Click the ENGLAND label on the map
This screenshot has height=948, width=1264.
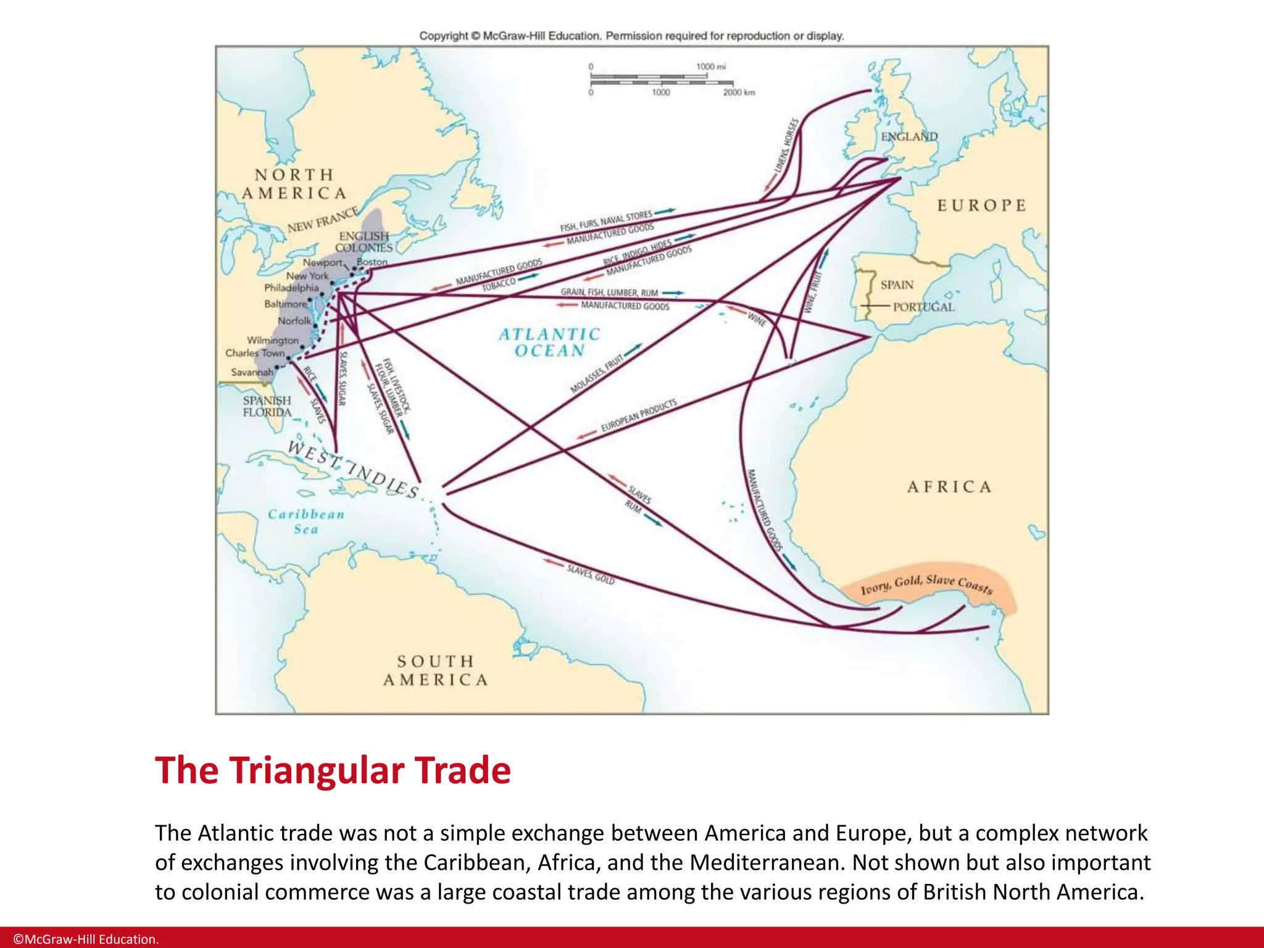tap(909, 136)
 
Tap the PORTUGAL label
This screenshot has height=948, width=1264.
tap(923, 307)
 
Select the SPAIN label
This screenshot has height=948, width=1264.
tap(897, 285)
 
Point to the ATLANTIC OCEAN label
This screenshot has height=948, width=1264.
tap(549, 343)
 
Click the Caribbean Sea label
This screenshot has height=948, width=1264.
tap(306, 522)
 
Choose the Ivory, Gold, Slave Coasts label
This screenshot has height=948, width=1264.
tap(927, 583)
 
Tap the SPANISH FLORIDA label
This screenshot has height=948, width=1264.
tap(267, 406)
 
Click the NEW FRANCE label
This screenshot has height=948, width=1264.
tap(323, 220)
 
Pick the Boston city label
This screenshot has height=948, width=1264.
tap(372, 262)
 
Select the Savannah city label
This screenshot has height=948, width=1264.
tap(252, 372)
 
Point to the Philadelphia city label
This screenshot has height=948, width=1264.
tap(291, 288)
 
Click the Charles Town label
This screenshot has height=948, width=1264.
tap(255, 353)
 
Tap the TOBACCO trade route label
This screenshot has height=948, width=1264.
tap(498, 285)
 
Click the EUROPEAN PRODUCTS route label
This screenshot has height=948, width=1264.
tap(639, 415)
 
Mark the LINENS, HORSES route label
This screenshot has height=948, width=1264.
tap(786, 145)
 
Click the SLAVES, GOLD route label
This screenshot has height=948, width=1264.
tap(591, 575)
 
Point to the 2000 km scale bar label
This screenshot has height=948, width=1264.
tap(739, 93)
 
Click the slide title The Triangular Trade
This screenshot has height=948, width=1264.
tap(333, 770)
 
